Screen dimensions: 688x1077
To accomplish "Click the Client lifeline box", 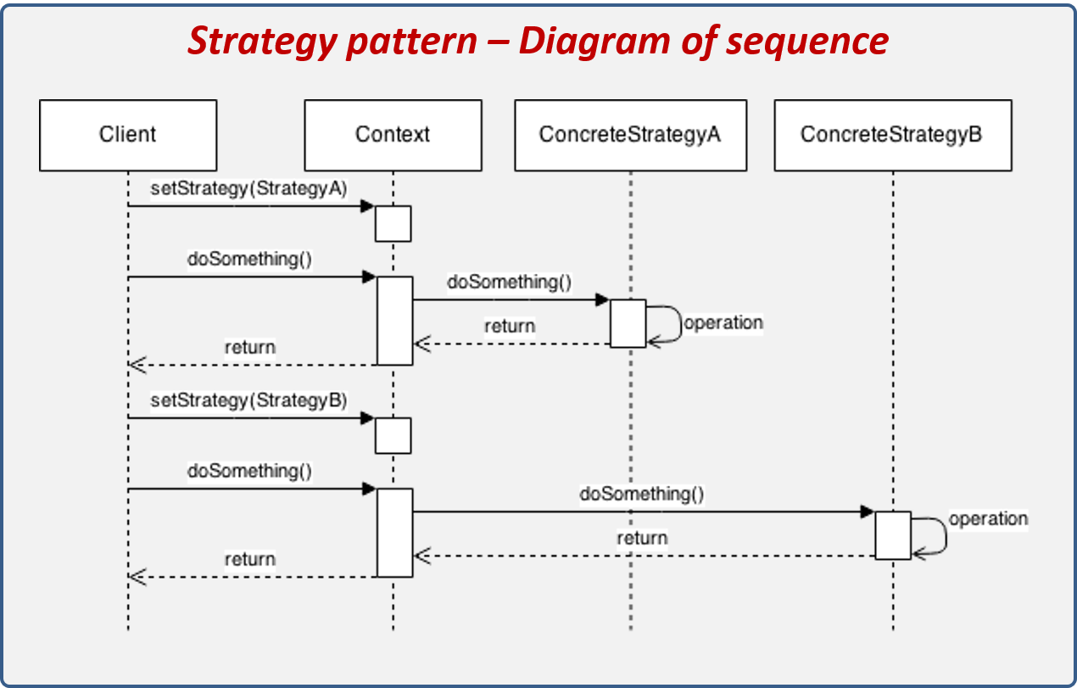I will pos(128,135).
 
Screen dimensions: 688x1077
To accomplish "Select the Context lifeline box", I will pos(393,135).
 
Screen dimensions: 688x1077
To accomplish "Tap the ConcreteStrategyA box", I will pos(630,135).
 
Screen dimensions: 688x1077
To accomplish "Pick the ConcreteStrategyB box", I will pos(892,135).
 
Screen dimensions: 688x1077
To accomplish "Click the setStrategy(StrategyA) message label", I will pos(248,189).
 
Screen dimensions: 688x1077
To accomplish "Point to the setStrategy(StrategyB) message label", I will pos(248,400).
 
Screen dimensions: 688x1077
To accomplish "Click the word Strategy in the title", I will pos(260,40).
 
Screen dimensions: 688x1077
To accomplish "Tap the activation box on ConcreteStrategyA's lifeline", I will pos(628,322).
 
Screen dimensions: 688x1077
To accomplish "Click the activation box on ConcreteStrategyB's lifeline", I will pos(892,534).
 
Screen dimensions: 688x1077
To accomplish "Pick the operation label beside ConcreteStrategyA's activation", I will pos(723,323).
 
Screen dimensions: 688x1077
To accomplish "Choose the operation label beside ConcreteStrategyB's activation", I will pos(988,519).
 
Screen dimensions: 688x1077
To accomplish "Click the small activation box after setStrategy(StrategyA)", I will pos(393,223).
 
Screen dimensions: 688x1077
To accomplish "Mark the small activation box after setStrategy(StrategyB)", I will pos(393,435).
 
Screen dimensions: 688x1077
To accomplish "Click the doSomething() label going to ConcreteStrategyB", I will pos(642,494).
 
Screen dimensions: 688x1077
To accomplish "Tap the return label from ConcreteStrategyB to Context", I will pos(642,539).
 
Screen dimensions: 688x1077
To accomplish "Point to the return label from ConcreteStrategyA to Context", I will pos(510,327).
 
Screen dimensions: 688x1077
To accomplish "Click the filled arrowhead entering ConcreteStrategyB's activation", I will pos(867,512).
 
